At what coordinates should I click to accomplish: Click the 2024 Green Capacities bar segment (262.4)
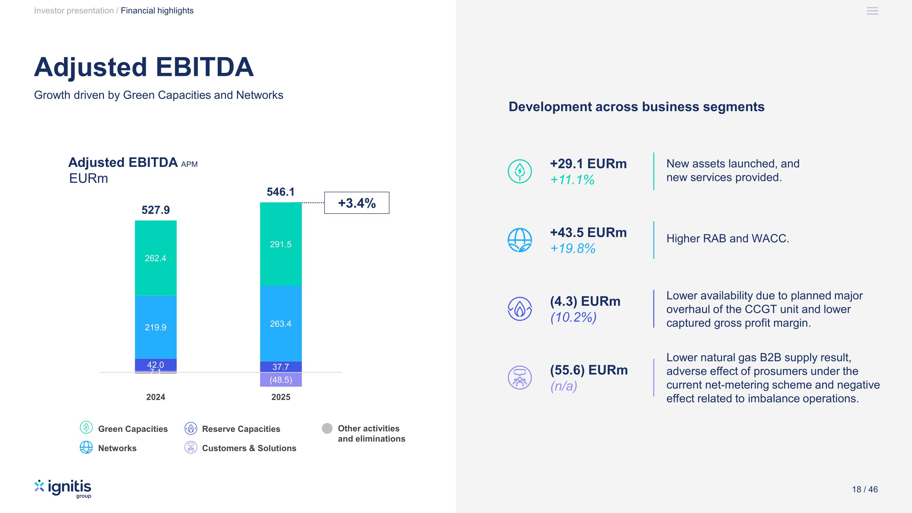click(156, 258)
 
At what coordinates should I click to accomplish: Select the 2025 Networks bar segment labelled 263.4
click(281, 324)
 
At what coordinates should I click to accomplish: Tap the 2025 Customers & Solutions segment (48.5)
click(281, 380)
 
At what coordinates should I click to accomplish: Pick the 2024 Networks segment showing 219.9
click(156, 327)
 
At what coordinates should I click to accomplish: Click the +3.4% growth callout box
click(357, 203)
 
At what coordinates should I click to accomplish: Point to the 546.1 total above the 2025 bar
click(280, 192)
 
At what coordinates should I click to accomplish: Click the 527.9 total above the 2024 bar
click(156, 210)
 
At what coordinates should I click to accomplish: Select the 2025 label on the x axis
click(281, 397)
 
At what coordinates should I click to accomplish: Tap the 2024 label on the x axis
click(156, 397)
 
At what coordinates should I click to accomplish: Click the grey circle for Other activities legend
click(327, 429)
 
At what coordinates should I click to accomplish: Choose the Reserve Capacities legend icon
click(191, 429)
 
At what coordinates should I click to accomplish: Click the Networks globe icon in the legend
click(86, 447)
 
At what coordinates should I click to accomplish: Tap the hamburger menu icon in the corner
click(872, 11)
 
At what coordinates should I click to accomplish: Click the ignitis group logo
click(63, 489)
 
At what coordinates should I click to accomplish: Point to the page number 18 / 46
click(864, 489)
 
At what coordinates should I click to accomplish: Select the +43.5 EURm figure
click(588, 233)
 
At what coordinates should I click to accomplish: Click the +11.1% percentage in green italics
click(572, 180)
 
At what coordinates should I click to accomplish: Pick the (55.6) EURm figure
click(589, 370)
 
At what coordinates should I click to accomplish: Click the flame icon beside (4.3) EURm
click(519, 309)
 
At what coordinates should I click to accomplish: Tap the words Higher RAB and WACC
click(728, 239)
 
